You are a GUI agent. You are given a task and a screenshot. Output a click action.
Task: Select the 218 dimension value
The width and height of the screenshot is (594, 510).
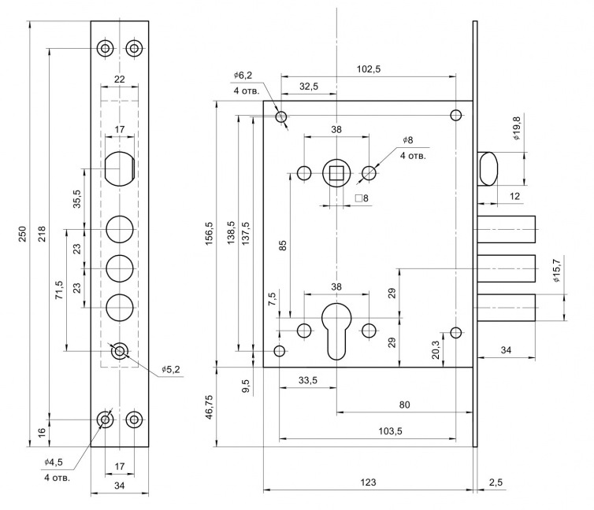coord(40,235)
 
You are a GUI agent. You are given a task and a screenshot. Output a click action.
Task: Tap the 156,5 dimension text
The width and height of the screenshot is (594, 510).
coord(210,234)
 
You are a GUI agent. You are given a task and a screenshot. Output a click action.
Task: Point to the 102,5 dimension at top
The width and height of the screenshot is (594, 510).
coord(368,69)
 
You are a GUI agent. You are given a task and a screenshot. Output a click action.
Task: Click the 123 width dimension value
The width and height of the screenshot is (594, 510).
coord(367,482)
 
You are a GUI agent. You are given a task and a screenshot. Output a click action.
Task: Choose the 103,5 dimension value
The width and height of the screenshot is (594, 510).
coord(368,431)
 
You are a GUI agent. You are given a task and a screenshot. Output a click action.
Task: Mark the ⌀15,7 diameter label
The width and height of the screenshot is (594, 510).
coord(556,270)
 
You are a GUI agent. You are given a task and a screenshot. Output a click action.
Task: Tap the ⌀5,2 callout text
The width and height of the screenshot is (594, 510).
coord(172,370)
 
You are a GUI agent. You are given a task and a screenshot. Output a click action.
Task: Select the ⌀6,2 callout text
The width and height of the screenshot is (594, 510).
coord(243,75)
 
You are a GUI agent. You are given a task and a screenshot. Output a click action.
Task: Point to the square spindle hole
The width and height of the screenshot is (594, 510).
coord(336,172)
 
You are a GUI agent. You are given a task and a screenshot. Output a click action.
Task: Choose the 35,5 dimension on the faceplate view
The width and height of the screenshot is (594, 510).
coord(77,198)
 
